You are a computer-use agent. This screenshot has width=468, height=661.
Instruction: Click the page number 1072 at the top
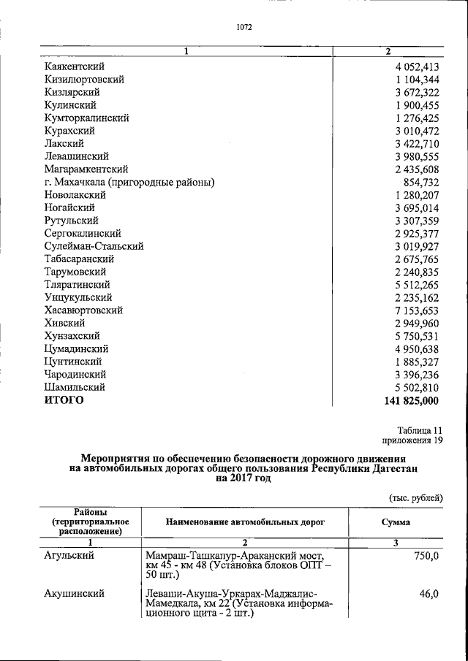click(244, 28)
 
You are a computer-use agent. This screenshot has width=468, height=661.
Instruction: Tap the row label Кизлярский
click(71, 92)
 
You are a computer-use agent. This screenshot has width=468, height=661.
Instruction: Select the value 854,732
click(421, 182)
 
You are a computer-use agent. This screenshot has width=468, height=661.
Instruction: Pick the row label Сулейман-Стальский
click(93, 246)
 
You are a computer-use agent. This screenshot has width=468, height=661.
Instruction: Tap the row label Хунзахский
click(72, 336)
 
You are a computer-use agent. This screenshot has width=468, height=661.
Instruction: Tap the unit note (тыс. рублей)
click(415, 497)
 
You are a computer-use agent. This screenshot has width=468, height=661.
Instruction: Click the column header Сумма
click(396, 522)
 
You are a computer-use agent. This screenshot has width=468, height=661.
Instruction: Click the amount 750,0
click(425, 556)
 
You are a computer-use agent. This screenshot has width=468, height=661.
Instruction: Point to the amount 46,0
click(428, 594)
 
